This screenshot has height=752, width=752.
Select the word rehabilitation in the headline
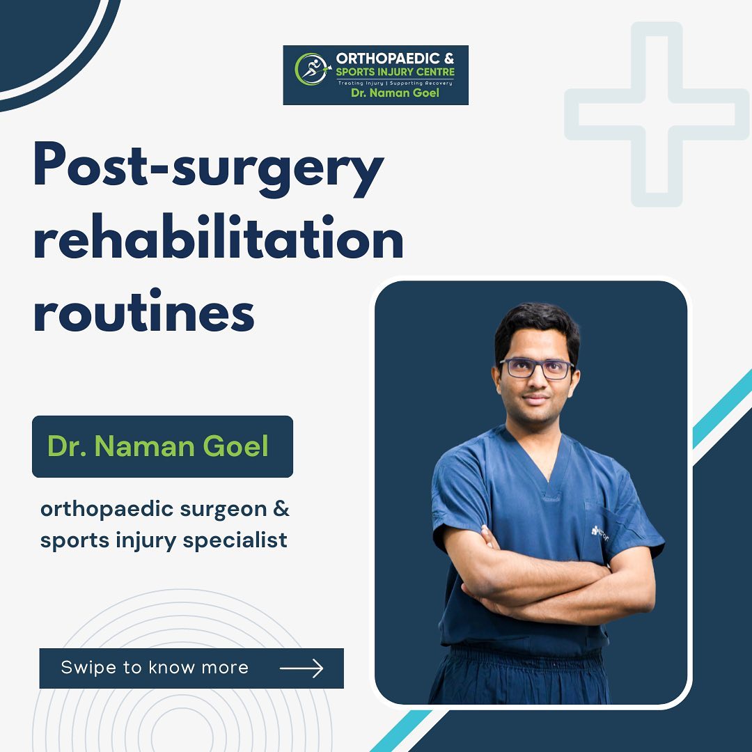pyautogui.click(x=218, y=239)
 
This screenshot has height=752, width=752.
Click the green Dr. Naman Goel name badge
pyautogui.click(x=158, y=446)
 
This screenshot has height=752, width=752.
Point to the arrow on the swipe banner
pyautogui.click(x=301, y=668)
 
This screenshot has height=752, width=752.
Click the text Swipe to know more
pyautogui.click(x=155, y=668)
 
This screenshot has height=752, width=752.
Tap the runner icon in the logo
pyautogui.click(x=311, y=70)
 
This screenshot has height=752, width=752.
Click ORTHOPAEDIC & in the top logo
pyautogui.click(x=395, y=59)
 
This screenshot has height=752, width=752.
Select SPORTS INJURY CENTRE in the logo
pyautogui.click(x=395, y=72)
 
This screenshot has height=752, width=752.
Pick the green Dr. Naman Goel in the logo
pyautogui.click(x=395, y=93)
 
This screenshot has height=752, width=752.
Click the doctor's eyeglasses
pyautogui.click(x=537, y=368)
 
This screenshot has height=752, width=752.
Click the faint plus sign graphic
pyautogui.click(x=657, y=115)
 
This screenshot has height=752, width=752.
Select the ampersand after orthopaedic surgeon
pyautogui.click(x=281, y=509)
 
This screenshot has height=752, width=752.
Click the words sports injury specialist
pyautogui.click(x=164, y=540)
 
